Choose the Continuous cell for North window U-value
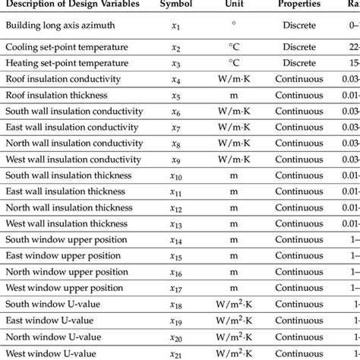point(305,341)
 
